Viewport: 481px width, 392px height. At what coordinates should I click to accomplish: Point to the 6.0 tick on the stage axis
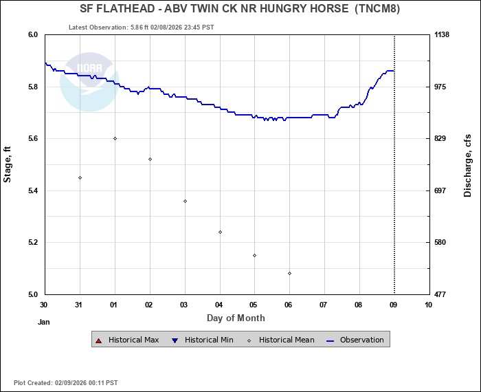pyautogui.click(x=32, y=34)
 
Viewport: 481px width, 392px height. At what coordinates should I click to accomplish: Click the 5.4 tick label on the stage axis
pyautogui.click(x=32, y=190)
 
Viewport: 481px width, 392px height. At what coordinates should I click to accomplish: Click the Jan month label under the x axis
pyautogui.click(x=44, y=321)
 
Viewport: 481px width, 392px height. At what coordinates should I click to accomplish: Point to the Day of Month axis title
pyautogui.click(x=236, y=318)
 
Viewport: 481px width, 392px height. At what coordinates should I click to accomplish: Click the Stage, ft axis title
pyautogui.click(x=8, y=164)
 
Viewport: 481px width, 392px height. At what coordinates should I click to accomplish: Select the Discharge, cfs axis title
pyautogui.click(x=468, y=164)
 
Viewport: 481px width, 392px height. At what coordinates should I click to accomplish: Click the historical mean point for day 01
pyautogui.click(x=115, y=138)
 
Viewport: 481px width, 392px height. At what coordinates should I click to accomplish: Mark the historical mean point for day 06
pyautogui.click(x=289, y=273)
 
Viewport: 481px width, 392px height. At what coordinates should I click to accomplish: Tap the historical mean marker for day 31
pyautogui.click(x=80, y=177)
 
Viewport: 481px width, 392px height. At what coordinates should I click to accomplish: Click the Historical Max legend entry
pyautogui.click(x=128, y=340)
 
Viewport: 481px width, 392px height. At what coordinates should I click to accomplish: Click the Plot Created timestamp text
pyautogui.click(x=66, y=382)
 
